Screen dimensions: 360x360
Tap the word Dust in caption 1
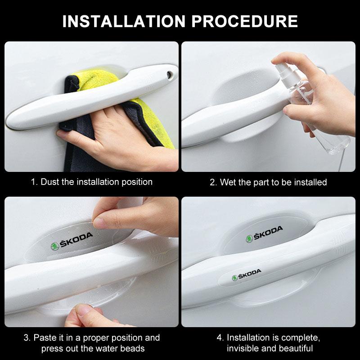pyautogui.click(x=50, y=182)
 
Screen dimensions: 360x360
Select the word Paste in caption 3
pyautogui.click(x=45, y=337)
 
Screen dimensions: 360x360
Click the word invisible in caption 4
pyautogui.click(x=244, y=348)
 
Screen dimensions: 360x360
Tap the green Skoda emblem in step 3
pyautogui.click(x=55, y=246)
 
